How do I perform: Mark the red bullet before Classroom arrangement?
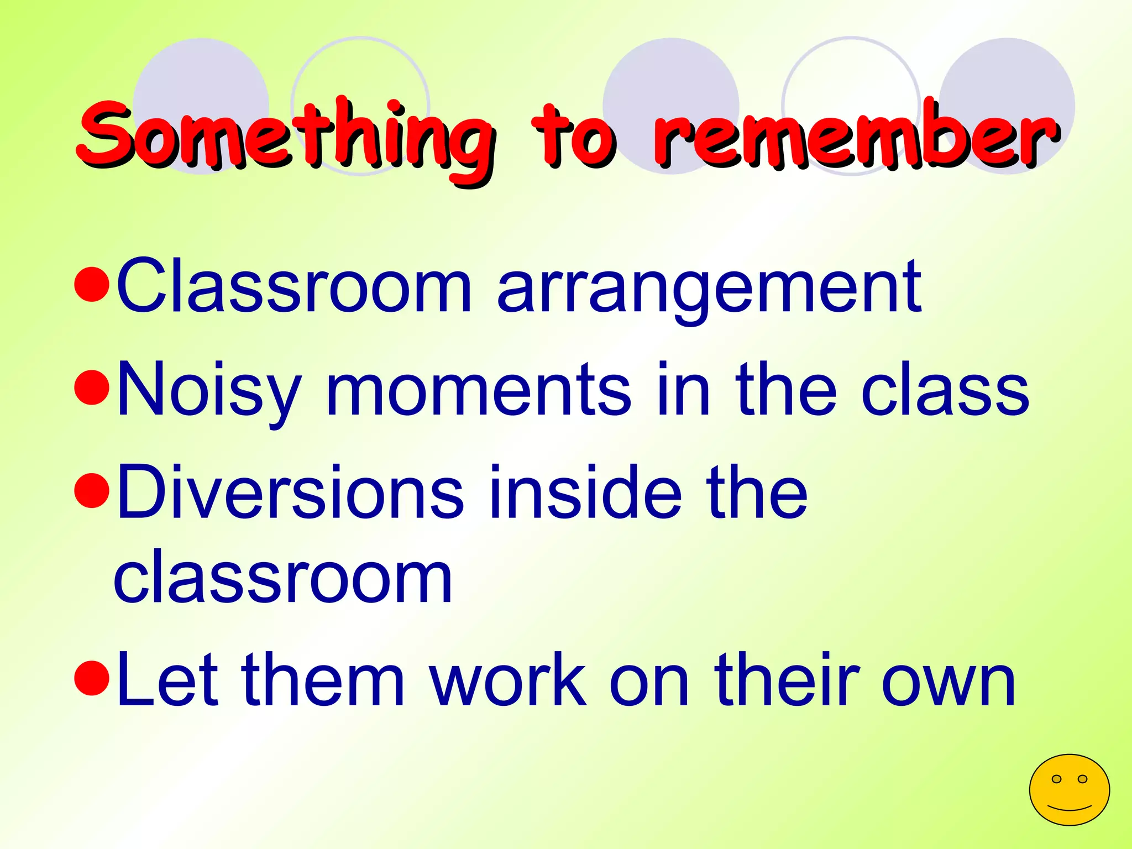pos(91,284)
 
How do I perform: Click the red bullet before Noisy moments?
pos(91,387)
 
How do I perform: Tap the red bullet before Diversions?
pos(91,490)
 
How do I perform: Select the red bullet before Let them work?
pos(91,678)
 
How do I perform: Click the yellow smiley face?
pos(1069,790)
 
